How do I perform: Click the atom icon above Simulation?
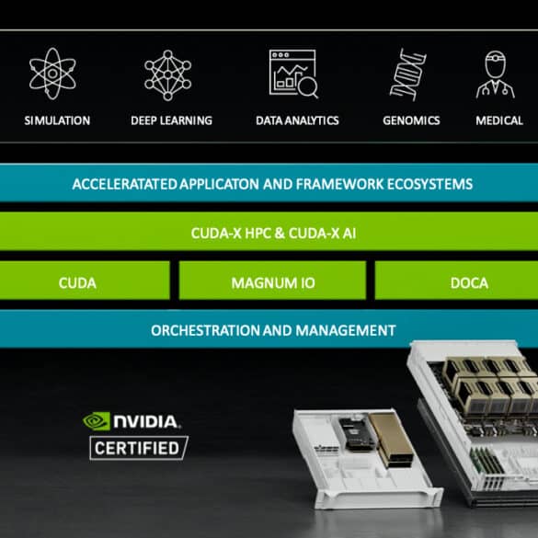point(52,74)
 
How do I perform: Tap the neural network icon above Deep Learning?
point(167,74)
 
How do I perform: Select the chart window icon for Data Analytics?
point(293,74)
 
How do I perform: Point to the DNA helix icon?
point(408,74)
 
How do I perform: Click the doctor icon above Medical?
point(495,74)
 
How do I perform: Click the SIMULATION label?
point(57,120)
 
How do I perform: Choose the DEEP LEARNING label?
point(172,120)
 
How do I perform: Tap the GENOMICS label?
point(411,120)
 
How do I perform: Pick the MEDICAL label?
point(499,120)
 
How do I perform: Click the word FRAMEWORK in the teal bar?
point(339,184)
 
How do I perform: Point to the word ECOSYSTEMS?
point(429,184)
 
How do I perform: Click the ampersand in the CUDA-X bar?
point(280,234)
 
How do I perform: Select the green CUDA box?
point(85,280)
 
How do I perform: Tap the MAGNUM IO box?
point(272,280)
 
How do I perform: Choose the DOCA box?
point(456,280)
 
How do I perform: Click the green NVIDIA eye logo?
point(97,421)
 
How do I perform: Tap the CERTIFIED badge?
point(139,448)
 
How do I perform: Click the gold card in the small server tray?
point(391,440)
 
